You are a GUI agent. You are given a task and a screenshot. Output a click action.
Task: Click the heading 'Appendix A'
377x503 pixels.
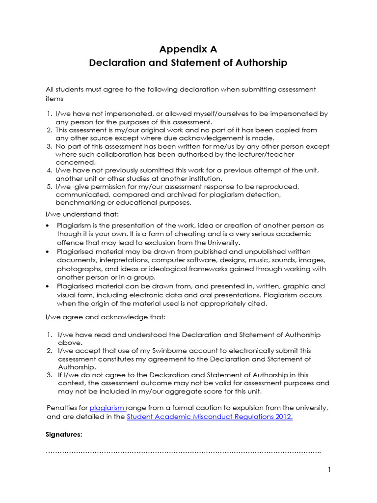[188, 49]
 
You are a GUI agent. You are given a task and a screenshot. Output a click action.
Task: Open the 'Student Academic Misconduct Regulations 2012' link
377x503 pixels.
[210, 417]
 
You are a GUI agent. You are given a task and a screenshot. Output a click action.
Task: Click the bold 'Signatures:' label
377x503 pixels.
[64, 435]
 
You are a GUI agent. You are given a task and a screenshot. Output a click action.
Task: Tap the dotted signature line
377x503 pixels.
[183, 451]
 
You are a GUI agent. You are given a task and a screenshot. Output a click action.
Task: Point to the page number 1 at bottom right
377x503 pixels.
[329, 470]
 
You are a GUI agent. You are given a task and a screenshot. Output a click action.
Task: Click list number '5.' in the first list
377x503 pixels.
[49, 187]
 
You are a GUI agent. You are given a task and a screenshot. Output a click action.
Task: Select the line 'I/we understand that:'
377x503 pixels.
[79, 214]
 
